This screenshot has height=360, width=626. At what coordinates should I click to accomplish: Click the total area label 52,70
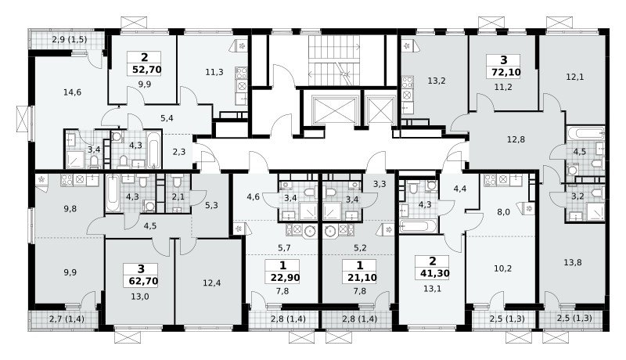[x=146, y=70]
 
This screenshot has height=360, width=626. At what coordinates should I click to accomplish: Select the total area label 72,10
[x=503, y=73]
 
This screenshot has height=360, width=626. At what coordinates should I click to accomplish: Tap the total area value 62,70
[x=143, y=281]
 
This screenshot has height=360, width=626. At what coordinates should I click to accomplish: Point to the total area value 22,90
[x=285, y=277]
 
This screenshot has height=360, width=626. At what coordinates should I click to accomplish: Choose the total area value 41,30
[x=435, y=273]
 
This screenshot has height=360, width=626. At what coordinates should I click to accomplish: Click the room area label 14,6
[x=72, y=92]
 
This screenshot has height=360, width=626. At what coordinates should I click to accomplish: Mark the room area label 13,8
[x=573, y=262]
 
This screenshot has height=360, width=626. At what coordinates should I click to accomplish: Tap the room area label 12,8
[x=516, y=139]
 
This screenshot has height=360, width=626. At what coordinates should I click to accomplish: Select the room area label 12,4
[x=211, y=283]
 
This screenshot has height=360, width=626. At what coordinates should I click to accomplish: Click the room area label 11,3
[x=214, y=72]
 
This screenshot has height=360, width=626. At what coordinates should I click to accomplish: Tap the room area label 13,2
[x=437, y=81]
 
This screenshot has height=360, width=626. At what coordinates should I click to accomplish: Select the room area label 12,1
[x=575, y=77]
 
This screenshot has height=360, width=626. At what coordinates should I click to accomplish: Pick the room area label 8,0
[x=503, y=212]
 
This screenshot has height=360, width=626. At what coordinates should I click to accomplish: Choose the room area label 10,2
[x=502, y=268]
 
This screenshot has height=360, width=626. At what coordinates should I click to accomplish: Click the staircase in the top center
[x=334, y=60]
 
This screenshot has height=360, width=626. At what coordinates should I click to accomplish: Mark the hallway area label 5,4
[x=167, y=118]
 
